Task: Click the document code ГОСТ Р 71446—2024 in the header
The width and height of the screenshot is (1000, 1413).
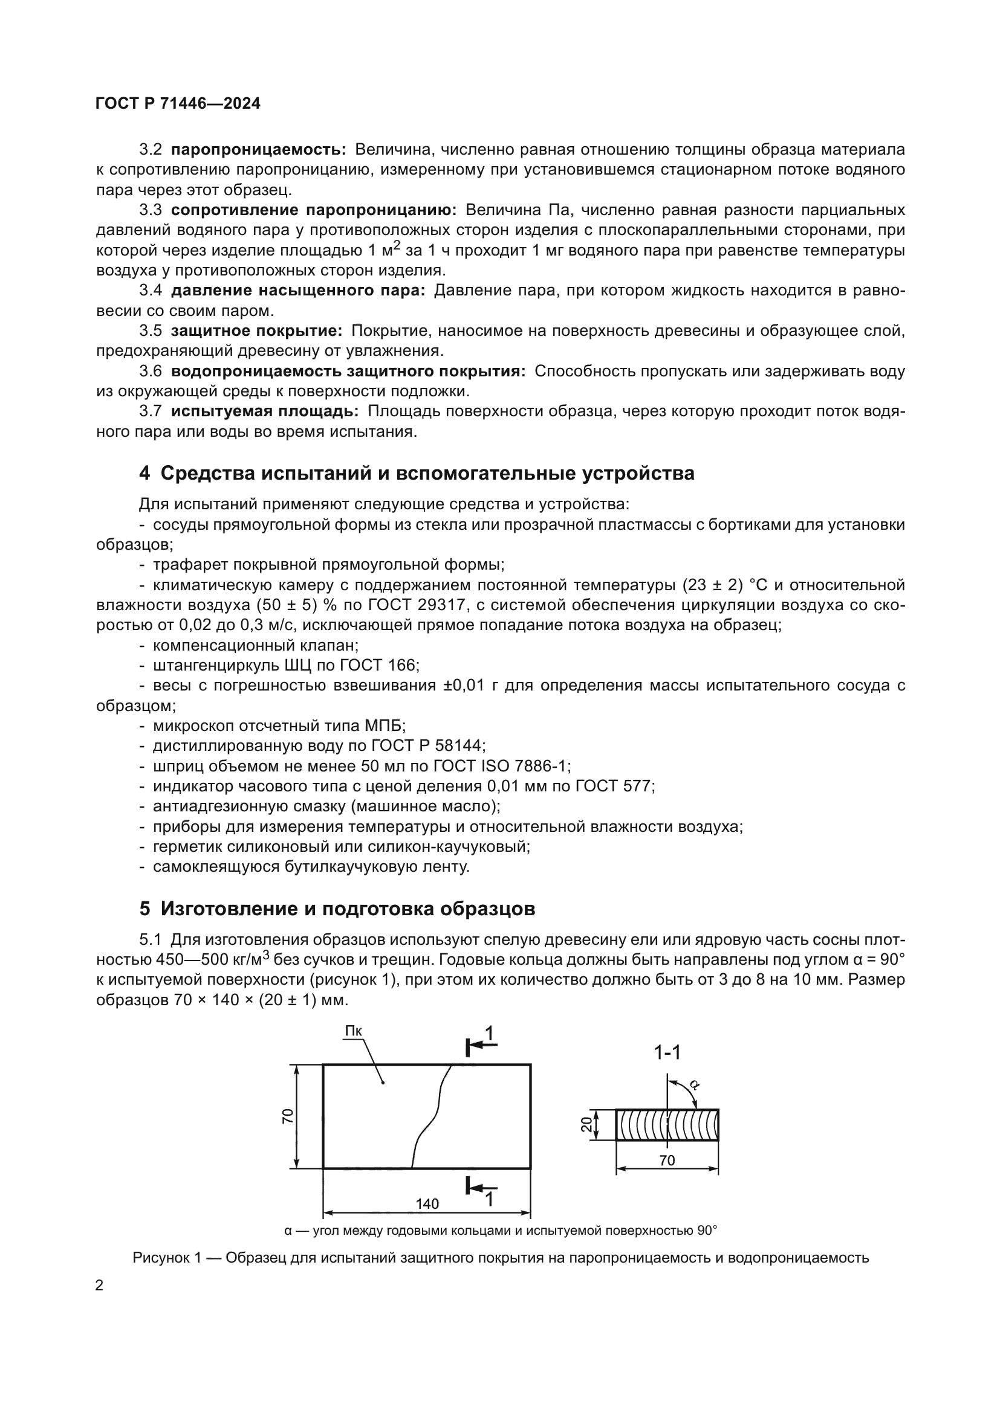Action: [178, 103]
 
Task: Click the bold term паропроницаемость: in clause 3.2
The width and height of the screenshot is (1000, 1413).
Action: [259, 150]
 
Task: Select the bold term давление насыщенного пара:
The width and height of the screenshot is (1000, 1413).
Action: [298, 291]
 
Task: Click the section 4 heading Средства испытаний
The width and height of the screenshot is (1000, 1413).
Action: [417, 472]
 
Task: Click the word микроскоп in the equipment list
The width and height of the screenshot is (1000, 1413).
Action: [193, 726]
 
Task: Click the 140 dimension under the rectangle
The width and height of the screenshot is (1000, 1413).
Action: [427, 1203]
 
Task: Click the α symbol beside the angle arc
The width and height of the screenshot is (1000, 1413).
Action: [694, 1084]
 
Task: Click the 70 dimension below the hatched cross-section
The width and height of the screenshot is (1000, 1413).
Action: [667, 1160]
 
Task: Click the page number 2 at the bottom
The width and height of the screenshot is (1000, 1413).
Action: [99, 1286]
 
